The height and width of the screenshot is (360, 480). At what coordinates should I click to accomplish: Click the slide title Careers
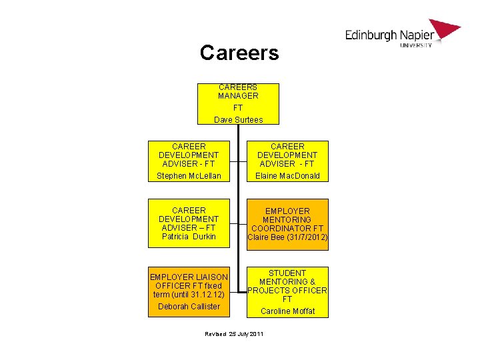(x=239, y=53)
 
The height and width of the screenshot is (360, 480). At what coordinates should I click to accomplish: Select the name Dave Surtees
(x=238, y=120)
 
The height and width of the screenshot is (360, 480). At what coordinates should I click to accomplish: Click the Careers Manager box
(x=238, y=103)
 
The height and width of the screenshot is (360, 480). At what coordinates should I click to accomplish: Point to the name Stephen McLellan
(x=189, y=176)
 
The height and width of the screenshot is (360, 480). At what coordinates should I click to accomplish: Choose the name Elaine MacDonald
(x=288, y=176)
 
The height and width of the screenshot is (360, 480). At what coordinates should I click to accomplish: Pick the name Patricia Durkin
(x=189, y=237)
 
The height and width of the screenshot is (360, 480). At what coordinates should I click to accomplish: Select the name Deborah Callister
(x=189, y=307)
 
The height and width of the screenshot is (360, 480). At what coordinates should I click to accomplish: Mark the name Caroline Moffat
(x=288, y=311)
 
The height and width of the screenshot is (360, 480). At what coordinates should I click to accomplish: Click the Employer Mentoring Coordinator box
(x=288, y=224)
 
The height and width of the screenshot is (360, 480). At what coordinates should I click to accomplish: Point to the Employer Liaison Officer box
(x=189, y=291)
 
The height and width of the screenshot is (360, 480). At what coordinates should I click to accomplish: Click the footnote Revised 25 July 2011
(x=234, y=333)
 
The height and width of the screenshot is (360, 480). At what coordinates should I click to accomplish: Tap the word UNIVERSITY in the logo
(x=416, y=45)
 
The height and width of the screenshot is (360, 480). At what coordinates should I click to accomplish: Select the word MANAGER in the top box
(x=238, y=96)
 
